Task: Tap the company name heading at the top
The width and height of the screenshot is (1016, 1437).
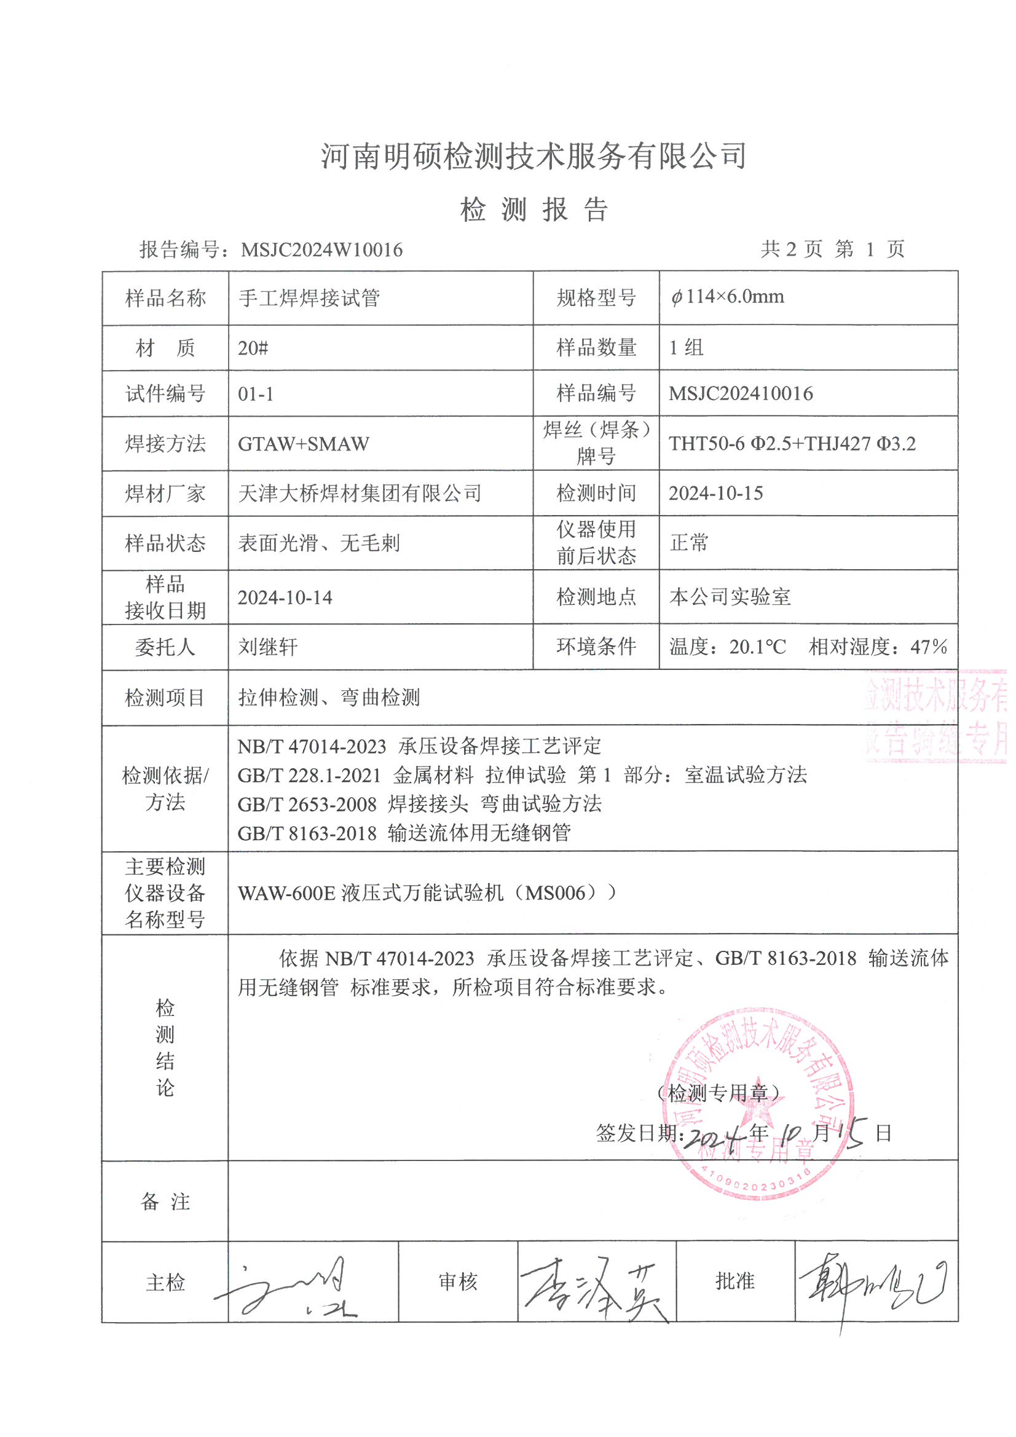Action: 534,156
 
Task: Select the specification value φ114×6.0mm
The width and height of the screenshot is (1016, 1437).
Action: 727,297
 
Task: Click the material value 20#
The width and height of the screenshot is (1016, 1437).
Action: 253,348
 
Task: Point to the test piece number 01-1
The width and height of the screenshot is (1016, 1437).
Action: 256,395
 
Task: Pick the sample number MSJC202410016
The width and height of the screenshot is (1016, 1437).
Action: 741,394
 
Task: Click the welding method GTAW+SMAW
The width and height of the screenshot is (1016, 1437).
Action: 303,444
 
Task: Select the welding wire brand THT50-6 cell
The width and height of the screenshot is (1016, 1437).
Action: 792,444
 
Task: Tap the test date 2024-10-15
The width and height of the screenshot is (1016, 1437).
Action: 715,493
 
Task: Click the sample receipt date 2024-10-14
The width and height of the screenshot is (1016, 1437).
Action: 285,597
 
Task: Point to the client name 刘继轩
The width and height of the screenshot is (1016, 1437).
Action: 268,647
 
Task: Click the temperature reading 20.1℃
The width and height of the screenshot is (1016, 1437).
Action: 757,647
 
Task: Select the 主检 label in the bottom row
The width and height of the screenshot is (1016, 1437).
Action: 165,1282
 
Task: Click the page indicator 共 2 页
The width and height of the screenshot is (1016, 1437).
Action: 791,249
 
